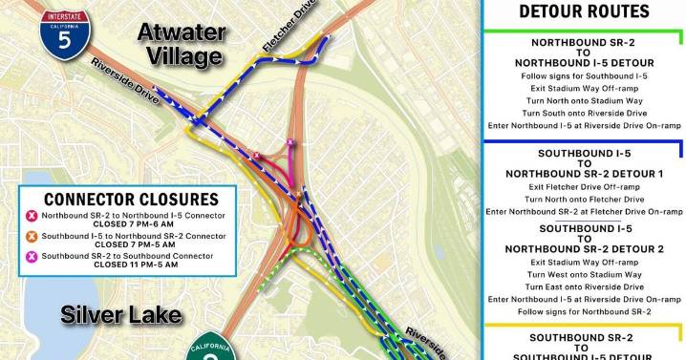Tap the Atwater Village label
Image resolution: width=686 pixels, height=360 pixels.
pyautogui.click(x=182, y=45)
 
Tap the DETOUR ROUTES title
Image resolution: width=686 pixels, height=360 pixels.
pyautogui.click(x=583, y=11)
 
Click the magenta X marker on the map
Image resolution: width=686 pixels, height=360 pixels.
pyautogui.click(x=290, y=144)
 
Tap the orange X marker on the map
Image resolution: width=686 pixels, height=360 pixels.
pyautogui.click(x=298, y=196)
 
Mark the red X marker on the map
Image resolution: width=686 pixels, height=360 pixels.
pyautogui.click(x=257, y=156)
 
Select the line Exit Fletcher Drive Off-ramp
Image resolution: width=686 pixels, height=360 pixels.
pyautogui.click(x=583, y=187)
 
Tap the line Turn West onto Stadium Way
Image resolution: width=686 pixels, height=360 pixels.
pyautogui.click(x=583, y=274)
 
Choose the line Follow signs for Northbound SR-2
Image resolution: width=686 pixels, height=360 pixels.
pyautogui.click(x=583, y=311)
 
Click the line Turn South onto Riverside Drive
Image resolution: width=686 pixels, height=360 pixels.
pyautogui.click(x=583, y=112)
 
